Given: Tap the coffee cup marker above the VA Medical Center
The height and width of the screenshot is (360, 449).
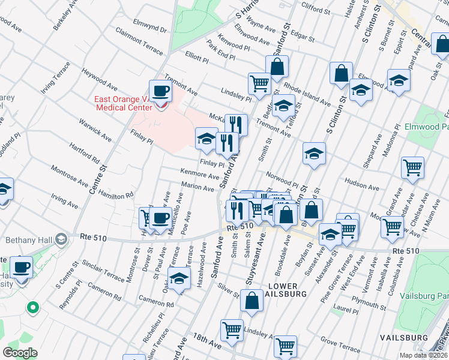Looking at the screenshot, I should (x=160, y=92).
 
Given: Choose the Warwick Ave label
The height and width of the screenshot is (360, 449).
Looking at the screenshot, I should (x=95, y=128).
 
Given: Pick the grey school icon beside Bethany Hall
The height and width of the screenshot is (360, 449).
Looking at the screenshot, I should (x=61, y=240).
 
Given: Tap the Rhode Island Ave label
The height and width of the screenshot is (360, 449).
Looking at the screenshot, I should (x=307, y=93).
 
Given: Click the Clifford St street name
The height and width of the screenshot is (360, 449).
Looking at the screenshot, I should (x=316, y=10).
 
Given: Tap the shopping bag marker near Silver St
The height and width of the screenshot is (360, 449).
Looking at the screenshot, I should (x=252, y=301).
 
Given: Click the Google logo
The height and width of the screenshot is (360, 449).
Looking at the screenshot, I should (x=20, y=353).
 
